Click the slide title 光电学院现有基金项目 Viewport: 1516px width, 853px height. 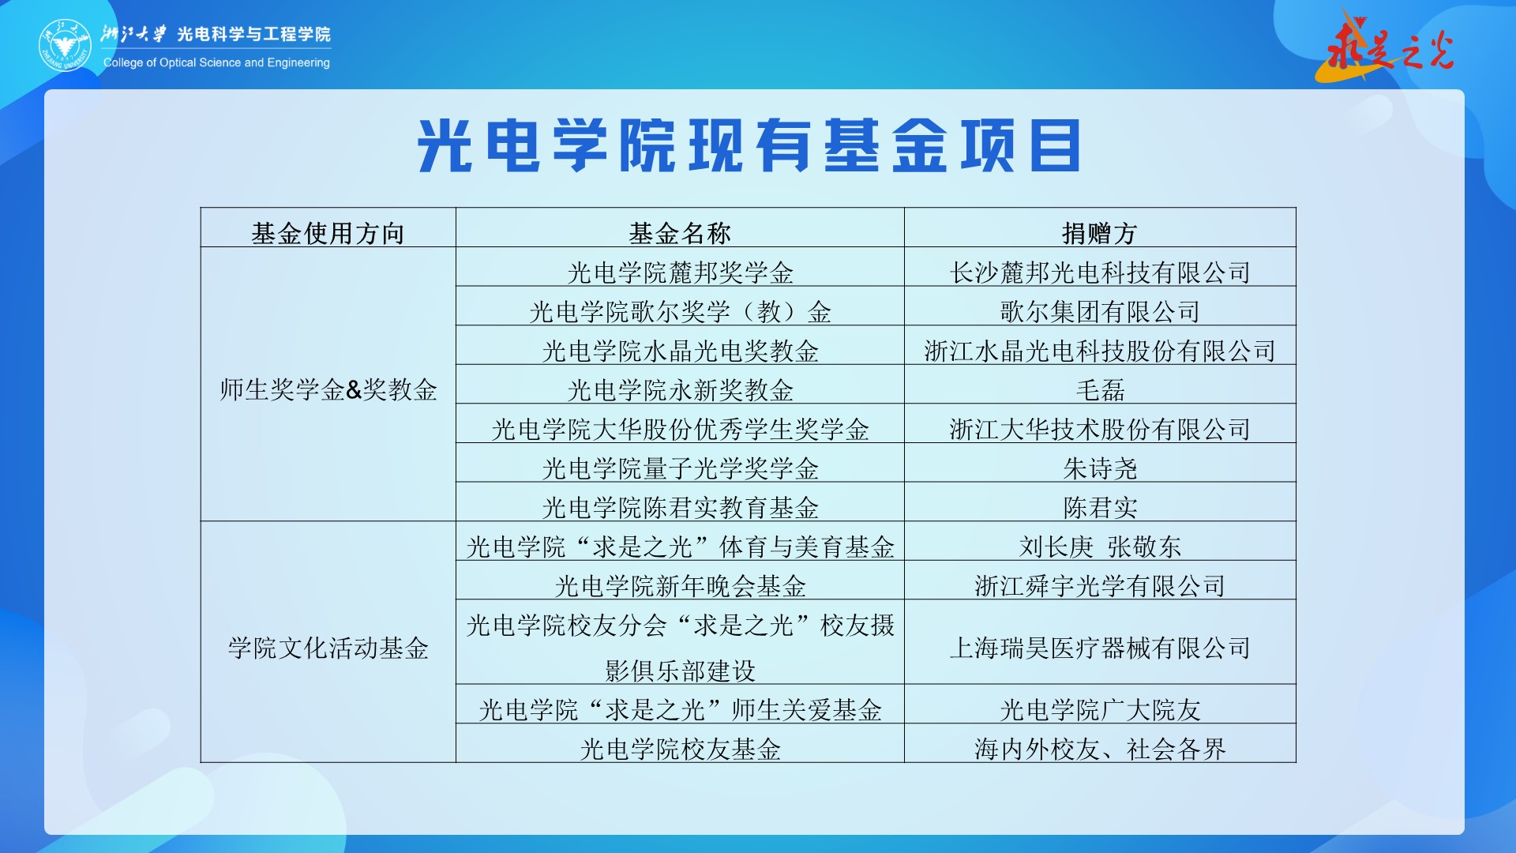(749, 145)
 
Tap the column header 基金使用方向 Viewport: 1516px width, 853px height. (328, 233)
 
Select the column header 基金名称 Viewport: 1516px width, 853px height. (680, 233)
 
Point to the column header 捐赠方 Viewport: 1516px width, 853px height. (1100, 233)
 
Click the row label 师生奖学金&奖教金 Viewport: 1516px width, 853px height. (328, 389)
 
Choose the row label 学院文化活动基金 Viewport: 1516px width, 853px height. (328, 648)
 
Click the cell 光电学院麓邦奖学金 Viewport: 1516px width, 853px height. (680, 272)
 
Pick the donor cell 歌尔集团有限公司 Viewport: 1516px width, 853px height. (1100, 311)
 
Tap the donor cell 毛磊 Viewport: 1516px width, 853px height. (1100, 389)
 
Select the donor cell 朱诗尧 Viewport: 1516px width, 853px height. (1100, 468)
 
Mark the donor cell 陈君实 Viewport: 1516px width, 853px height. (1100, 507)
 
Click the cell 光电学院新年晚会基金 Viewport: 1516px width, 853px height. (680, 586)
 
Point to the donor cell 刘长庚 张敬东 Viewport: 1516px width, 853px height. (1100, 547)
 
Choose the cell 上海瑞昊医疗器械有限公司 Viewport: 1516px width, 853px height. (1100, 648)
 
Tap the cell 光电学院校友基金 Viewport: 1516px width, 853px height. (680, 749)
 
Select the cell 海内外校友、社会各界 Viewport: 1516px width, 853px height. (1100, 749)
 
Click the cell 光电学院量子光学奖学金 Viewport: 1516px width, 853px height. (680, 468)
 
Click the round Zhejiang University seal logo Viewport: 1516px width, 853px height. (66, 45)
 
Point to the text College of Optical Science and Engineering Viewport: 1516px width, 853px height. (216, 62)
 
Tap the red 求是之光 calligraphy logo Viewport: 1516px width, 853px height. (1386, 46)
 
